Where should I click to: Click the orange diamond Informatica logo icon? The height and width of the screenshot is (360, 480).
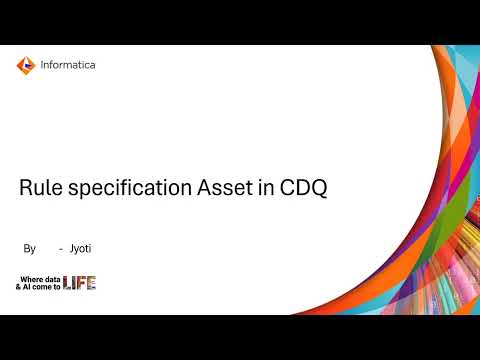[25, 66]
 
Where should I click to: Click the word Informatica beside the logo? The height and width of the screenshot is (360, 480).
[68, 66]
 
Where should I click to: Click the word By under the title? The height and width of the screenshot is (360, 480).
[29, 247]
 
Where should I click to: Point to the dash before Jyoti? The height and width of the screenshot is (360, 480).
[62, 247]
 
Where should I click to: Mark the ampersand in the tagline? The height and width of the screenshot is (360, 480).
[18, 287]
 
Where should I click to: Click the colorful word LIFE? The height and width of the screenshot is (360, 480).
[79, 283]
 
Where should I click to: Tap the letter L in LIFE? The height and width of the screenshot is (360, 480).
[67, 283]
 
